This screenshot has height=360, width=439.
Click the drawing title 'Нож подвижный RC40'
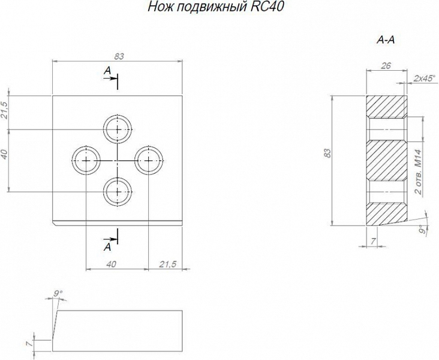point(215,8)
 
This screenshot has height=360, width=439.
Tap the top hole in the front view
point(118,128)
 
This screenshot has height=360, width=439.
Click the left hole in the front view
point(86,161)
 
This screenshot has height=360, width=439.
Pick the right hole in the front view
point(148,161)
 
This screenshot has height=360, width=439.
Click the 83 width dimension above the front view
point(119,56)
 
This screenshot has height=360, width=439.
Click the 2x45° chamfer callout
point(425,78)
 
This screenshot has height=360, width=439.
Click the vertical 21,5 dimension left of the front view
point(5,112)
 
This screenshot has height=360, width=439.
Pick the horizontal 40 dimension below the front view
point(111,264)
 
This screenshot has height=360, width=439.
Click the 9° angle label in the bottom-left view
point(58,293)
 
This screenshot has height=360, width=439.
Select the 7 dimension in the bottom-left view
point(28,344)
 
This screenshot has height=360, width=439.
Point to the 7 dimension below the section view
point(372,241)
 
